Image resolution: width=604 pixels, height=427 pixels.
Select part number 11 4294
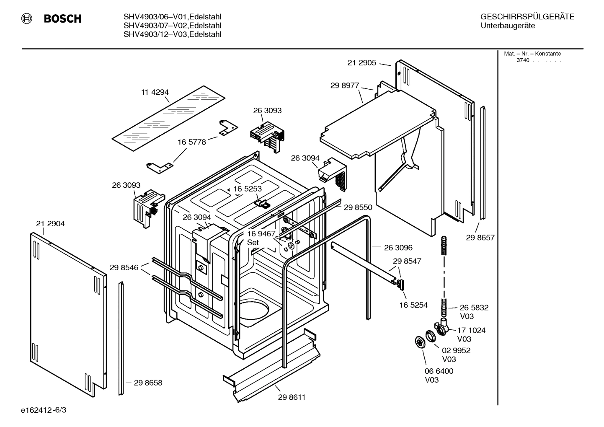[155, 92]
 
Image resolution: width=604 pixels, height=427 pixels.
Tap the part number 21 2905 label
[362, 63]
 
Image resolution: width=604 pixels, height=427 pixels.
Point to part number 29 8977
[345, 85]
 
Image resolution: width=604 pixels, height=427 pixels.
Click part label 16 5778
[191, 142]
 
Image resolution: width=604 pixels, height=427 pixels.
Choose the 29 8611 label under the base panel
[292, 397]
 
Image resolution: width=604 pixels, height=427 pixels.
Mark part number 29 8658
[148, 383]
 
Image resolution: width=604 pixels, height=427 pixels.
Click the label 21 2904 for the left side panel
[50, 224]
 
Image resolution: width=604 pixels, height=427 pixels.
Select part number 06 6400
[439, 371]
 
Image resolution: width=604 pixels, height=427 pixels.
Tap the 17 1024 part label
[471, 330]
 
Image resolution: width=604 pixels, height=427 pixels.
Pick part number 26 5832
[474, 307]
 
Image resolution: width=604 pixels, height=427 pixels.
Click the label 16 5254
[413, 305]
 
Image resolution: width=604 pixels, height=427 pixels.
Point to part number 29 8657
[480, 238]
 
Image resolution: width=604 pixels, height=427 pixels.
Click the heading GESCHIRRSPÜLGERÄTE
[527, 17]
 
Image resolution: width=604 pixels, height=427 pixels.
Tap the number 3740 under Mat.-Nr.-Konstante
[523, 60]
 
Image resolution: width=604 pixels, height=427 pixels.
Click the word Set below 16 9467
[253, 243]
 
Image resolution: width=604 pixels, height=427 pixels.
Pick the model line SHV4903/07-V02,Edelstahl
[172, 26]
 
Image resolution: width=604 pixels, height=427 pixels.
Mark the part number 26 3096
[398, 248]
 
